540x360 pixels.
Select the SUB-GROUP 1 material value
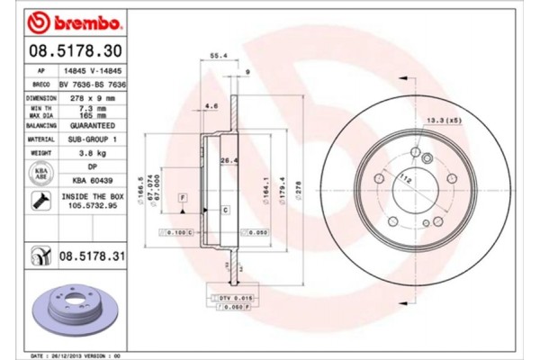[95, 140]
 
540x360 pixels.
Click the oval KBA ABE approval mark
[41, 173]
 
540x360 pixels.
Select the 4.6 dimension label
[211, 108]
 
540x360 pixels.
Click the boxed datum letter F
[183, 196]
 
